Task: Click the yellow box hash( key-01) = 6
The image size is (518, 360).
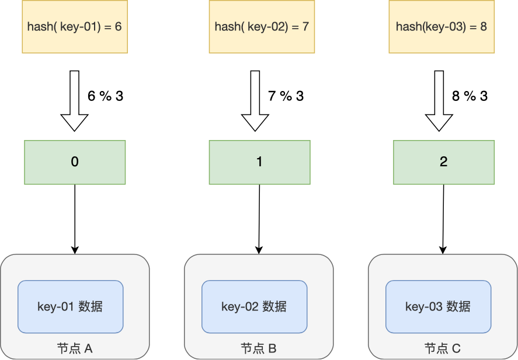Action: (74, 27)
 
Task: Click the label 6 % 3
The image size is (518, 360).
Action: (106, 96)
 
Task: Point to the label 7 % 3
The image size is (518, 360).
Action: (286, 96)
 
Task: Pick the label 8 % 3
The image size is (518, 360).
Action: (470, 96)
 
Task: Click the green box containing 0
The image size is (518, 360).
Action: (75, 162)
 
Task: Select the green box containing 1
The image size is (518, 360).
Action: (259, 162)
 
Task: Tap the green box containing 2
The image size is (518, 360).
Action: (443, 162)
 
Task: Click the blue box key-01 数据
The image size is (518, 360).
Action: (70, 306)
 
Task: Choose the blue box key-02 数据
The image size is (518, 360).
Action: (254, 306)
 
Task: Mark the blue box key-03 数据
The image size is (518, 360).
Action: (438, 306)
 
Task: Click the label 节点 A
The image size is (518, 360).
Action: (75, 349)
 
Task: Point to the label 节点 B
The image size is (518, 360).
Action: (259, 349)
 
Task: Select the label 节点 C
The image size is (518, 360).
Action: (442, 349)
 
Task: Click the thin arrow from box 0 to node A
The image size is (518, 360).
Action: (75, 219)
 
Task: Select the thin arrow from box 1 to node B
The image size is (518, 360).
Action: (259, 219)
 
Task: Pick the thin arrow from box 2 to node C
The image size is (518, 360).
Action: (443, 219)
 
